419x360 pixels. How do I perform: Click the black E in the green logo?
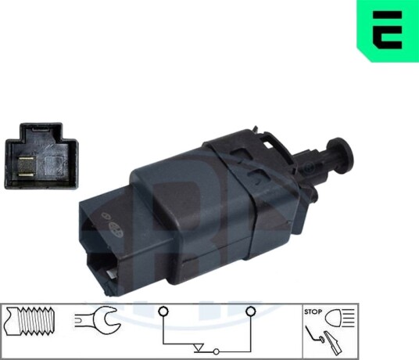[x=387, y=30]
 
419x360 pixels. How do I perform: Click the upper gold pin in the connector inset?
[x=26, y=158]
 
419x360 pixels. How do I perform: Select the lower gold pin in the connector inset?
[x=26, y=175]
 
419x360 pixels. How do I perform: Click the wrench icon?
[x=98, y=319]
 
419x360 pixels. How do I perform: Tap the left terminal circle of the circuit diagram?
[x=163, y=311]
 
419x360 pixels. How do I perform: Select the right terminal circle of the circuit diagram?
[x=251, y=311]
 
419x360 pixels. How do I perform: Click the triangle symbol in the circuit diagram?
[x=198, y=348]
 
